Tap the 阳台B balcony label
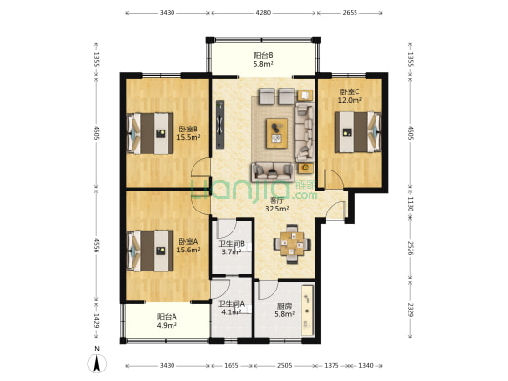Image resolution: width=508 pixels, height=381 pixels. [x=263, y=55]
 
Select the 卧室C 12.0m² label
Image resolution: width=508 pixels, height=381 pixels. [x=350, y=96]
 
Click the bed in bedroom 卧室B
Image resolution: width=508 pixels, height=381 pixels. [x=150, y=133]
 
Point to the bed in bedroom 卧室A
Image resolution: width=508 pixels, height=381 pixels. [x=150, y=251]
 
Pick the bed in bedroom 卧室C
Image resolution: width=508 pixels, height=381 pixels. [x=358, y=132]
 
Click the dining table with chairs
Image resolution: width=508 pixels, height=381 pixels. [x=293, y=244]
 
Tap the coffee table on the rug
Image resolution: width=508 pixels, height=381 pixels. [x=276, y=133]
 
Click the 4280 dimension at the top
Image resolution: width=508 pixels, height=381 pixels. [x=263, y=13]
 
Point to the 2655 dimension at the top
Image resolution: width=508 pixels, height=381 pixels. [x=350, y=13]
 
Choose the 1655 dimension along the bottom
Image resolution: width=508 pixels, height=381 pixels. [x=232, y=366]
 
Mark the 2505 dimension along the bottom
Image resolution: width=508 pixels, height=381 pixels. [x=284, y=366]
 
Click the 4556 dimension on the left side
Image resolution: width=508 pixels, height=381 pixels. [x=96, y=246]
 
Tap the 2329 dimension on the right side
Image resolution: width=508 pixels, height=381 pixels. [x=410, y=310]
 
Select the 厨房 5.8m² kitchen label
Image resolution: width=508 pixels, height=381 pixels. [x=284, y=310]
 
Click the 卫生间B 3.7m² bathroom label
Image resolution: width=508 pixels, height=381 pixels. [x=232, y=248]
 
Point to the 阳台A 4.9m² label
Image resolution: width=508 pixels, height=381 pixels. [x=167, y=320]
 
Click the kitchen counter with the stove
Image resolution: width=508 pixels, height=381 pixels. [x=308, y=311]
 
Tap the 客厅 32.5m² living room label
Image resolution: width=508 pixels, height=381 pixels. [x=277, y=205]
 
